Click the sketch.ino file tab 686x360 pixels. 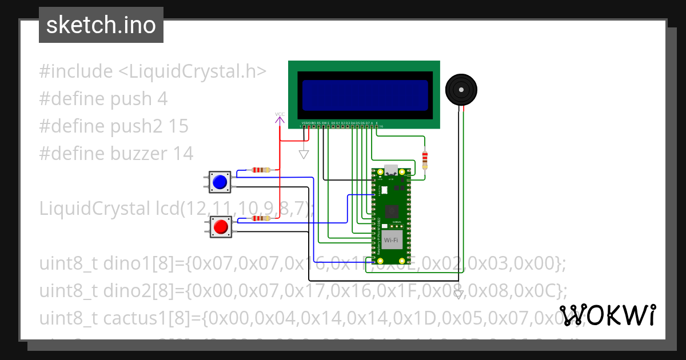(x=101, y=25)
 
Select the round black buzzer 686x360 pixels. (x=461, y=90)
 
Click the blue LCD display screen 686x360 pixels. (x=365, y=95)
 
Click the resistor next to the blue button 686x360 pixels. (x=261, y=170)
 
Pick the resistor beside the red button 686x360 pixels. (x=261, y=218)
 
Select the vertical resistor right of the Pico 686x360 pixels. (x=424, y=159)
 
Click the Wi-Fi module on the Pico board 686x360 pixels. (x=392, y=241)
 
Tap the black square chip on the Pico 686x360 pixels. (x=392, y=211)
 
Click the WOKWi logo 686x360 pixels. (x=607, y=315)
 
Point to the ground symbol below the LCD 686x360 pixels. (x=304, y=154)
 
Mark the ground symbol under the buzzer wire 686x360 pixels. (x=458, y=295)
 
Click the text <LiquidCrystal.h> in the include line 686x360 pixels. (x=192, y=71)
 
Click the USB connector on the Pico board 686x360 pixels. (x=392, y=170)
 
